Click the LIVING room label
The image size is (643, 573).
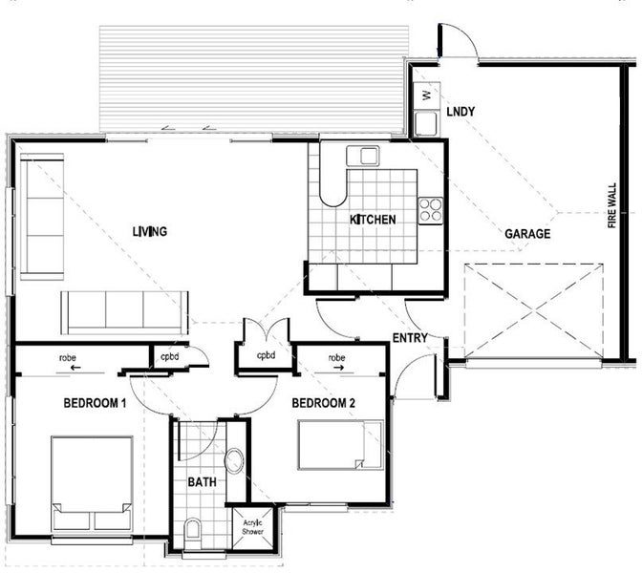150,231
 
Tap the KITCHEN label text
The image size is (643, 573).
373,220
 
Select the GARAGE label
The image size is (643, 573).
527,233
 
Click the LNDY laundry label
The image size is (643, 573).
461,113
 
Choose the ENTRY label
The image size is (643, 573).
410,338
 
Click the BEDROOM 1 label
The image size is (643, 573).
95,403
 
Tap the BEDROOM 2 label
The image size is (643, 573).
324,403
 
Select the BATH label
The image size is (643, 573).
201,482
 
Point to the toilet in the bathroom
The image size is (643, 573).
193,530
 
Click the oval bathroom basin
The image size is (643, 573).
236,463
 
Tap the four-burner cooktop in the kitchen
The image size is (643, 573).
431,209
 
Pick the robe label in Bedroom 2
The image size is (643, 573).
336,358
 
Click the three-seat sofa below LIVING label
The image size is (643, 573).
124,310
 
